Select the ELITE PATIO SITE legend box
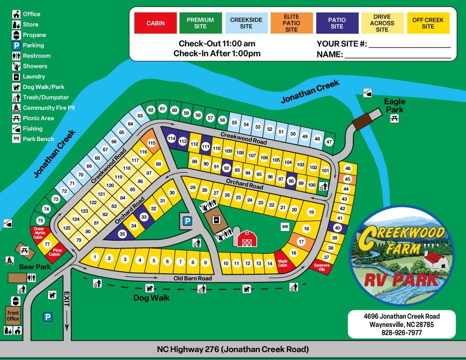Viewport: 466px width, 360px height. coord(291,23)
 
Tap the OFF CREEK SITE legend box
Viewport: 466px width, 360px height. coord(428,23)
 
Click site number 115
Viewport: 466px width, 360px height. coord(151,143)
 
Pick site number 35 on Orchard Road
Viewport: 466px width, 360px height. coord(122,234)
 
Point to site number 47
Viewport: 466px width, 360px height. coord(329,142)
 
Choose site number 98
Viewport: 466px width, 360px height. coord(291,181)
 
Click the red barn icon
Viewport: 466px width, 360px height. coord(247,238)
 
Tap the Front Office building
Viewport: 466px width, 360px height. coord(13,316)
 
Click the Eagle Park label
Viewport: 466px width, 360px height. coord(395,105)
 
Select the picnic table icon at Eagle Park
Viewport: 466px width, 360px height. coord(395,119)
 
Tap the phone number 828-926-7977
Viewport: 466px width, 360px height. coord(401,333)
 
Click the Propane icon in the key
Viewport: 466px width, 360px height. coord(16,35)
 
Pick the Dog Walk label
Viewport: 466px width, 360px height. coord(151,298)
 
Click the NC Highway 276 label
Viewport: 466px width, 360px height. coord(233,349)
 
